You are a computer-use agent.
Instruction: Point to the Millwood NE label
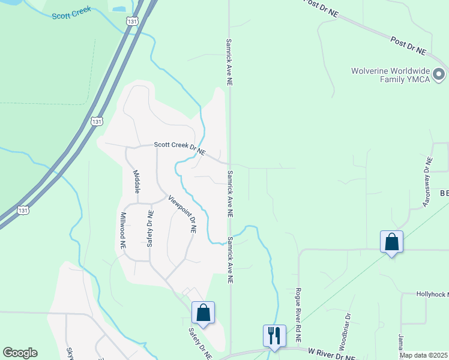pos(122,230)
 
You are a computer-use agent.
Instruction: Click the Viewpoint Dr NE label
pos(182,214)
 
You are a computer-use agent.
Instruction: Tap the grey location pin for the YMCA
pos(439,75)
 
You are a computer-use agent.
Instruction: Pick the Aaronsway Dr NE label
pos(427,182)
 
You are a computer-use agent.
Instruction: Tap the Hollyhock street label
pos(433,294)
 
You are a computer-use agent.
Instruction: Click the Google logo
pos(20,353)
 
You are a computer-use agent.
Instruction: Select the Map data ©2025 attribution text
pos(423,355)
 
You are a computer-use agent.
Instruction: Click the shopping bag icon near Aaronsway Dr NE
pos(391,242)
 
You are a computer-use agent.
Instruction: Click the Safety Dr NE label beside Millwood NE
pos(150,229)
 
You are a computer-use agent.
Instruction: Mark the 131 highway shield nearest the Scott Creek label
pos(131,21)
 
